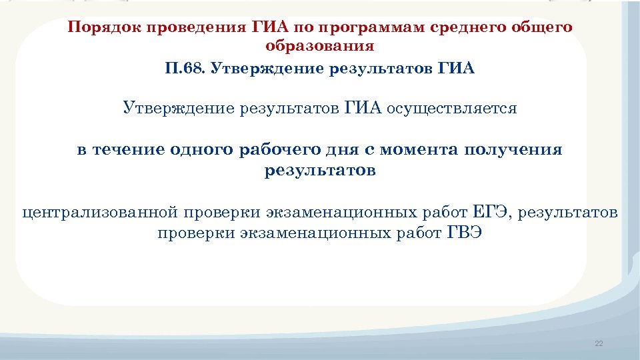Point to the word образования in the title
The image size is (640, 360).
pos(320,47)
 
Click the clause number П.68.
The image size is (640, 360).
pos(185,69)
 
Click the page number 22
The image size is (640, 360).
pos(598,343)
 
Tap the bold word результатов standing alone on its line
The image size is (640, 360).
pos(320,170)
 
